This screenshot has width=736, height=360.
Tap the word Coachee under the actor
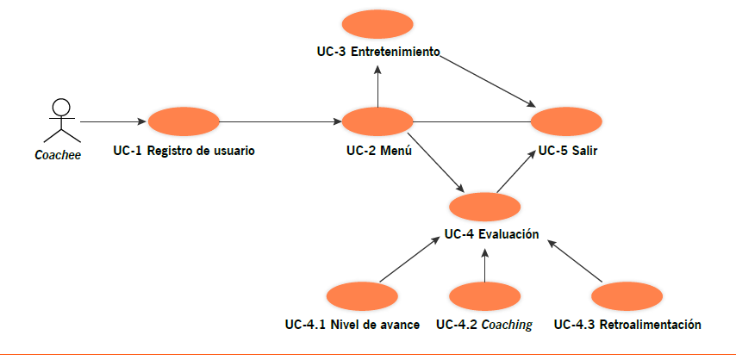[57, 157]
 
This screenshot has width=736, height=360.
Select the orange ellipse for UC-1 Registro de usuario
[184, 121]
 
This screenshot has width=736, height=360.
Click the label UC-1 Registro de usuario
[184, 151]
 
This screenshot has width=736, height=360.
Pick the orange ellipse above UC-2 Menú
[377, 121]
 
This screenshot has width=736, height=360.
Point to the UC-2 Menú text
[377, 151]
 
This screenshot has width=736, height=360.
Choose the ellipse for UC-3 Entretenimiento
[377, 24]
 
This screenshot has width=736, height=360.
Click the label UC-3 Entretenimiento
[377, 52]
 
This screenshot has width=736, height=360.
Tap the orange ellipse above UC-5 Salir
[566, 121]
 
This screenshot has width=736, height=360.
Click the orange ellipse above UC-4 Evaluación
[485, 207]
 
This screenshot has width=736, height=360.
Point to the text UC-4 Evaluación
[491, 233]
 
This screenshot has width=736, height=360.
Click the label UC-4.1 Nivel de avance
[352, 325]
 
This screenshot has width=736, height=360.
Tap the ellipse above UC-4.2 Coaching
[484, 296]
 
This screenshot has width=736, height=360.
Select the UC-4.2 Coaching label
[483, 325]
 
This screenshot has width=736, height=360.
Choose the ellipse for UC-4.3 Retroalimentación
[627, 296]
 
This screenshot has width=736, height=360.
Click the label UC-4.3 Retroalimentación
[627, 325]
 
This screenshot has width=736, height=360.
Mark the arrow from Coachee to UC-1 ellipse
[112, 121]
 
